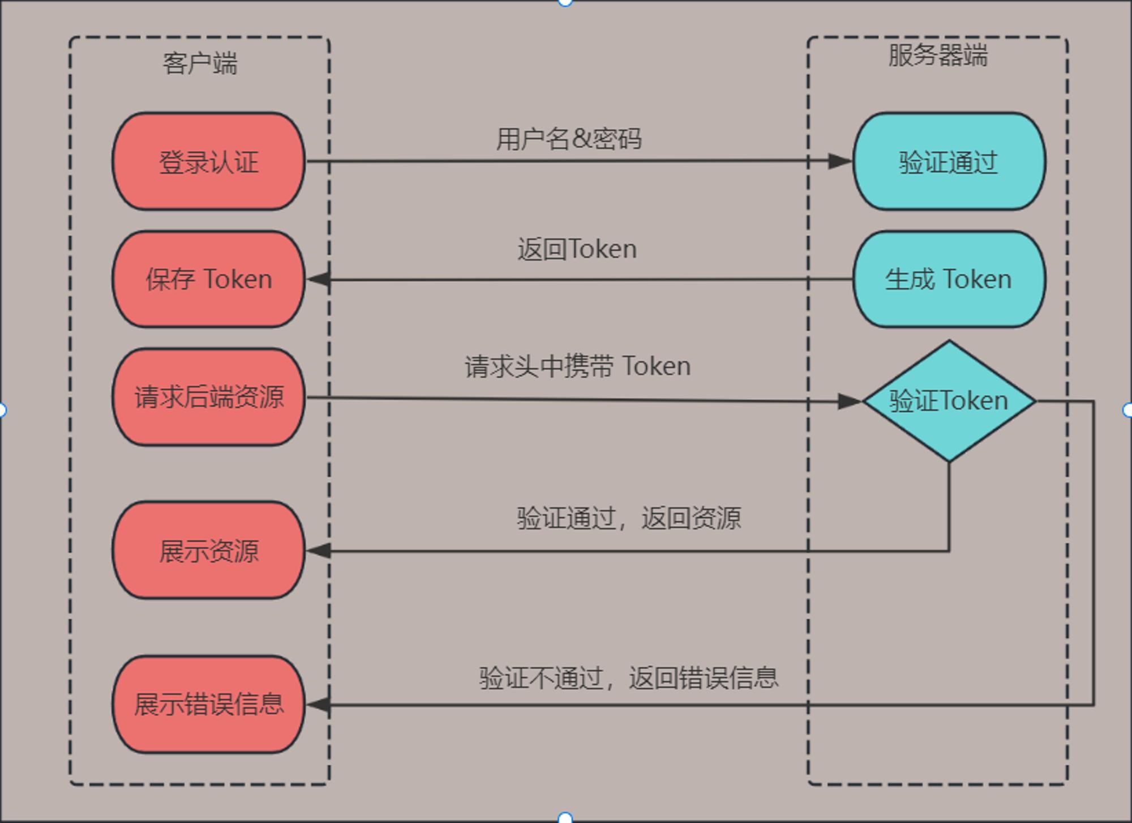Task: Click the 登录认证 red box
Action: click(208, 161)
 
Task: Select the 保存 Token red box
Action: click(208, 279)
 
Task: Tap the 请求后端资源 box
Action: click(208, 396)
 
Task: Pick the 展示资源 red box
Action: click(208, 550)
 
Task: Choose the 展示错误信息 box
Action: click(208, 705)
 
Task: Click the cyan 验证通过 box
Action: click(949, 161)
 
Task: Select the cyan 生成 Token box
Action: click(949, 279)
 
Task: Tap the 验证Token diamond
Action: click(949, 401)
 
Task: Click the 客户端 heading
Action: click(200, 63)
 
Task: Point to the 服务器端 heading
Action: click(938, 56)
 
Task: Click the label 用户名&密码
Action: click(569, 139)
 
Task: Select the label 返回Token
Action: click(577, 249)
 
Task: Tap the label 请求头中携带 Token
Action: click(577, 366)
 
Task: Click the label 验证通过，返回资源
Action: click(628, 518)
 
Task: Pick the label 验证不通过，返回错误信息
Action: click(628, 677)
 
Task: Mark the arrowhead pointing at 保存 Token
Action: click(319, 279)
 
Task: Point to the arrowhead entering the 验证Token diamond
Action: click(849, 402)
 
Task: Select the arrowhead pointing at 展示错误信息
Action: click(319, 705)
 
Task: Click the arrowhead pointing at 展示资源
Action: click(319, 550)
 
